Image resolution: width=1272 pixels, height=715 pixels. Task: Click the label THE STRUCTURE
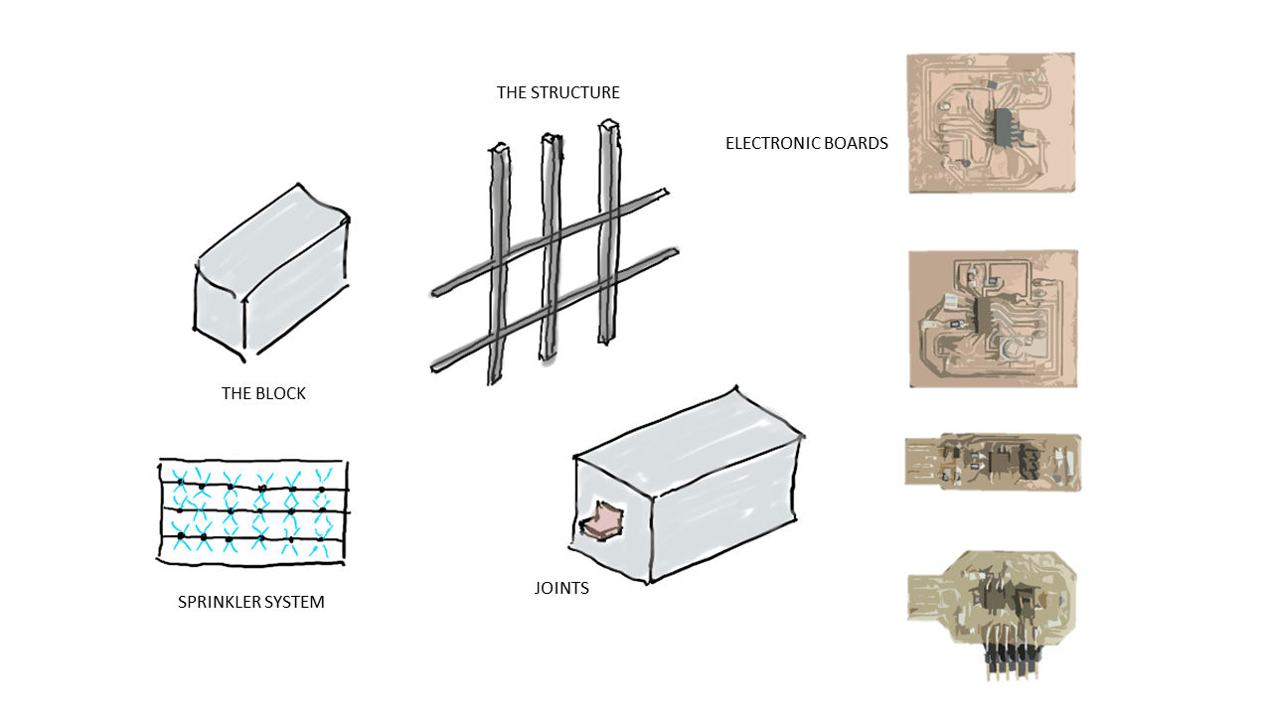557,92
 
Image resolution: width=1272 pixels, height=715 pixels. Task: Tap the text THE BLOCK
263,393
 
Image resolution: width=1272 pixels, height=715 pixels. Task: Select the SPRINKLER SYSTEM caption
251,602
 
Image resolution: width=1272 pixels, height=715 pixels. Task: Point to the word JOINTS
561,588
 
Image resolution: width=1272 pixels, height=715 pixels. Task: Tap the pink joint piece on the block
602,519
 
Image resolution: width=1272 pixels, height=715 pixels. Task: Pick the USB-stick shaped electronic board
993,462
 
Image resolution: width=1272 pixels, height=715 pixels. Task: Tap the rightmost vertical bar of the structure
609,231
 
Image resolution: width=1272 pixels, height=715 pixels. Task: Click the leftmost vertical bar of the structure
498,264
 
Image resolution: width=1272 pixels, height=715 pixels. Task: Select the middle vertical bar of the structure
551,247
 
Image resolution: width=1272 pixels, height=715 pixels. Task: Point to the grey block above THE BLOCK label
271,272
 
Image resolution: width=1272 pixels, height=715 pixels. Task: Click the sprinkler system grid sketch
252,511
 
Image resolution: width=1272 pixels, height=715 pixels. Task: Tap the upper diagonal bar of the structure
550,242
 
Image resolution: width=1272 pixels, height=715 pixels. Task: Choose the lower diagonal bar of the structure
555,310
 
